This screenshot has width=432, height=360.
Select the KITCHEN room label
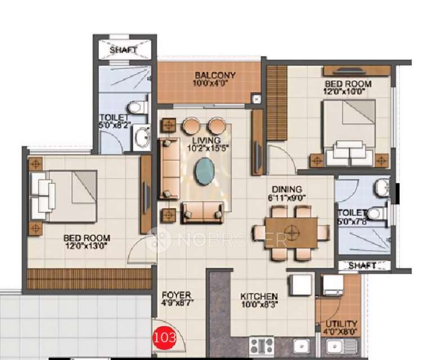259,296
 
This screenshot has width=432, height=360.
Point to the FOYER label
176,295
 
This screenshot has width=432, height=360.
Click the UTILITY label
341,324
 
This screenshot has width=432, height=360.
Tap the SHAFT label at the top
123,50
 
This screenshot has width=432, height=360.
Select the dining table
291,232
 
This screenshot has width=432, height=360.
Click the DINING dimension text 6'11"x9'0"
286,198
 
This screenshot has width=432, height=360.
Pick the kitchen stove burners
262,344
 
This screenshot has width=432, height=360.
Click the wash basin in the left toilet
141,137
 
